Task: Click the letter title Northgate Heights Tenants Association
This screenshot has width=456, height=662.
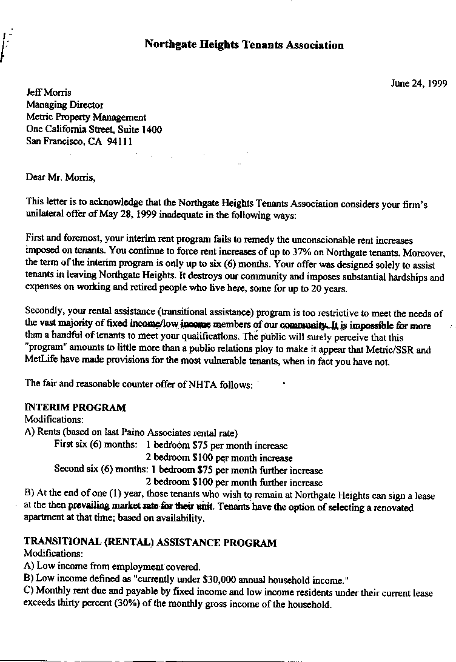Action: (x=244, y=45)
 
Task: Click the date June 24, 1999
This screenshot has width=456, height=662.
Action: (x=418, y=84)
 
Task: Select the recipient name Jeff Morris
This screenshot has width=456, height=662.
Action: (x=49, y=93)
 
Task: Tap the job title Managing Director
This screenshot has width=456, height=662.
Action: (x=64, y=105)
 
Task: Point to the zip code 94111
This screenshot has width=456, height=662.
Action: (x=119, y=141)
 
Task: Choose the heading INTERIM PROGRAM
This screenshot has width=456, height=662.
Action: (x=75, y=407)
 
